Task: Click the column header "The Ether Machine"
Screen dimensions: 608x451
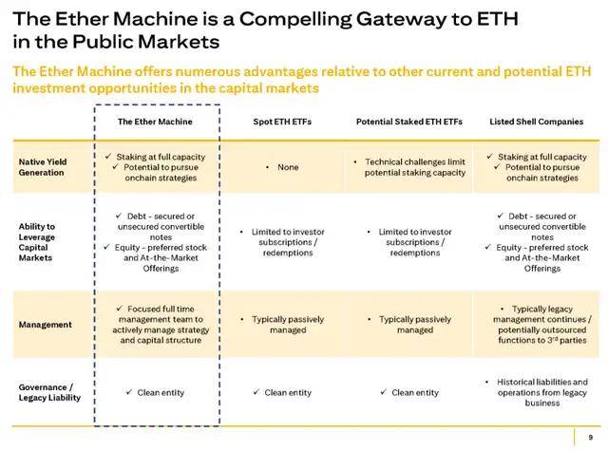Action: coord(155,122)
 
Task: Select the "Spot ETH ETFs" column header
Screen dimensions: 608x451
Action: coord(282,122)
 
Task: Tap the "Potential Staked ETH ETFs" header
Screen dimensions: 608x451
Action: coord(409,122)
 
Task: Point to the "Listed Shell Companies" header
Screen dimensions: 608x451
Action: coord(536,122)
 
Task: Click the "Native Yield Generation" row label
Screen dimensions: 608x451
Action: coord(43,167)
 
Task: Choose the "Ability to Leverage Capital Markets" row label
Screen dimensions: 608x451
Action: coord(37,242)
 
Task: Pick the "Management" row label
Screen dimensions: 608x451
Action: coord(45,325)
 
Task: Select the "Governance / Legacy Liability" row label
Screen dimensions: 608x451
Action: coord(49,392)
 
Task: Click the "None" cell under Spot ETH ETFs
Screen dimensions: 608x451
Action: coord(288,167)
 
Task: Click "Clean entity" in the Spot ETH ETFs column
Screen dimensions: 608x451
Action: coord(288,393)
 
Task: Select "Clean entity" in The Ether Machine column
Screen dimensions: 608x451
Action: coord(161,393)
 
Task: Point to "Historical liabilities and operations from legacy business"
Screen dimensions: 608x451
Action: coord(542,392)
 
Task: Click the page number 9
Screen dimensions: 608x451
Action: coord(591,438)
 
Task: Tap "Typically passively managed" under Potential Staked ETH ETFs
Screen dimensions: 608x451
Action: coord(415,325)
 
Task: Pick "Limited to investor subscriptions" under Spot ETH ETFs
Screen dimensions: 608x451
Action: coord(288,237)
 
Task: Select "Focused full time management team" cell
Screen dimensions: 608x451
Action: coord(161,325)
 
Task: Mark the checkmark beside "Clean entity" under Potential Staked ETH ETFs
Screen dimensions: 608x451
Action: coord(384,392)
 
